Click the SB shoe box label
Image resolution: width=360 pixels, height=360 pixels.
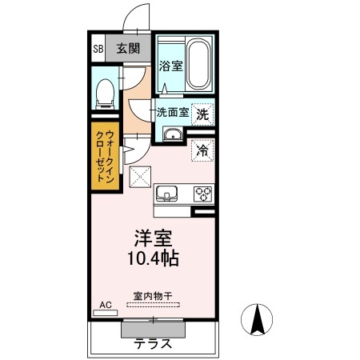coord(98,49)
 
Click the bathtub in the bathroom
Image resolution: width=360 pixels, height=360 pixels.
coord(197,64)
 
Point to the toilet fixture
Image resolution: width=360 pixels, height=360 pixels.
coord(103,94)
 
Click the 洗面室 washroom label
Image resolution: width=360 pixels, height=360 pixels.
coord(172,113)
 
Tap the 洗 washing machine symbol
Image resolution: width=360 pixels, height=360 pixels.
coord(203,114)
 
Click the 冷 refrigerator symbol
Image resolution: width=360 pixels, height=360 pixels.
coord(202,149)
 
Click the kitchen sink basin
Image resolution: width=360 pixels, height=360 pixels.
coord(167,194)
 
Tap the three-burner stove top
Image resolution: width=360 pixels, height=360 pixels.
coord(202,194)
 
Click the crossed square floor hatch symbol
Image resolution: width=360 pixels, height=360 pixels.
coord(142,177)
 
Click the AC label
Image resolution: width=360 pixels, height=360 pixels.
coord(104,304)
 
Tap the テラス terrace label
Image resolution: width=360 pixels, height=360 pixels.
coord(152,345)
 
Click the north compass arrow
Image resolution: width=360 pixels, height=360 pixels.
coord(258,322)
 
